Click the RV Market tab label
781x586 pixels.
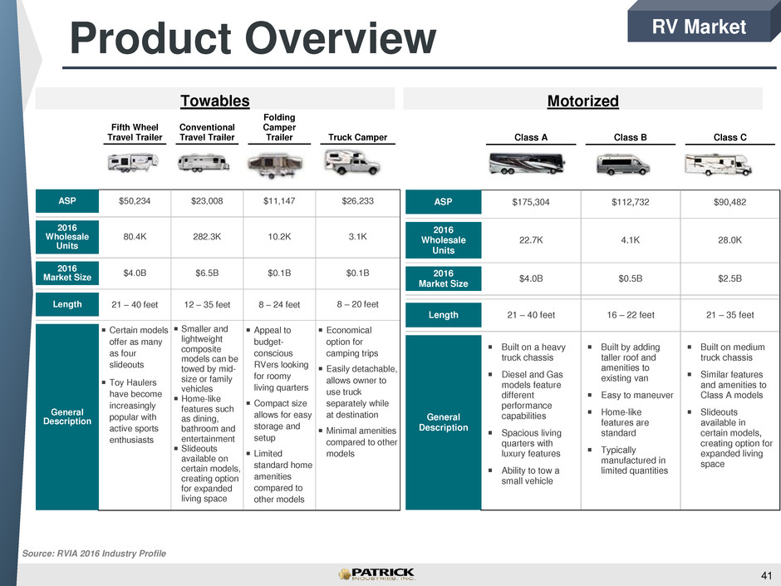tap(699, 27)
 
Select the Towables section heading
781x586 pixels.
tap(214, 101)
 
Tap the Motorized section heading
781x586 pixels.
tap(582, 101)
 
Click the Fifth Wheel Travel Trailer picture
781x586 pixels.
tap(133, 162)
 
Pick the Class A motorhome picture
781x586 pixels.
tap(527, 164)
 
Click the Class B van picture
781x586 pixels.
tap(622, 164)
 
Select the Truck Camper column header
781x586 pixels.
tap(357, 137)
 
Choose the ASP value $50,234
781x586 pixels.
tap(135, 201)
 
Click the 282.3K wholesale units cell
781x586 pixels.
tap(207, 237)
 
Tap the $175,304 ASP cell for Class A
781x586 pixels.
tap(531, 202)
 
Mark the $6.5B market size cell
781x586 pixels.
tap(207, 273)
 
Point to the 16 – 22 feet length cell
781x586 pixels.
tap(631, 315)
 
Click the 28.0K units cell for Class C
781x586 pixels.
tap(729, 239)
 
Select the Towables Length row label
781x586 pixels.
tap(67, 304)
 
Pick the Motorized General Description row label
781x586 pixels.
tap(444, 422)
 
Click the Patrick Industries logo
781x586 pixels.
tap(377, 574)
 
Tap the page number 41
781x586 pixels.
tap(766, 575)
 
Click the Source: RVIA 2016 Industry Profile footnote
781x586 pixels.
tap(94, 553)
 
